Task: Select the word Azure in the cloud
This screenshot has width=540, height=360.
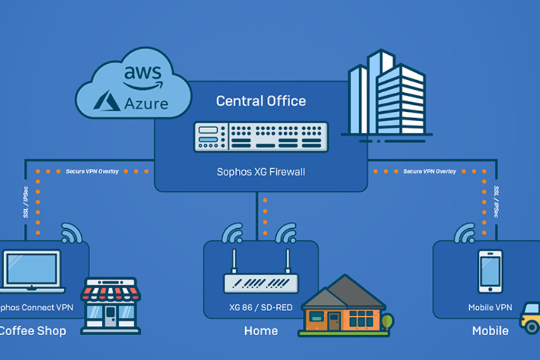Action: pyautogui.click(x=146, y=103)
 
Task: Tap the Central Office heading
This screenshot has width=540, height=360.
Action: pyautogui.click(x=261, y=101)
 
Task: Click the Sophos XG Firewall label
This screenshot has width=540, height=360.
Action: pyautogui.click(x=261, y=172)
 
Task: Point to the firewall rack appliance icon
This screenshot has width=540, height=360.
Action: pyautogui.click(x=261, y=137)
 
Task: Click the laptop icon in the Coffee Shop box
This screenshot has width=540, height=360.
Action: pyautogui.click(x=32, y=271)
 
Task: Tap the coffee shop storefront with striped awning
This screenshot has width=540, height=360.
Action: pyautogui.click(x=110, y=306)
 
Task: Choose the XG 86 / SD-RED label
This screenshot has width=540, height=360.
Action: pyautogui.click(x=261, y=307)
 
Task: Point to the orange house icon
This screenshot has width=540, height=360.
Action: pyautogui.click(x=343, y=308)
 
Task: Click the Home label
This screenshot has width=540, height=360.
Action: pyautogui.click(x=261, y=331)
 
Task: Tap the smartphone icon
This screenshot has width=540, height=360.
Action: pyautogui.click(x=490, y=271)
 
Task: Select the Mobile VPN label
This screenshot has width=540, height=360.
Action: pyautogui.click(x=490, y=307)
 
